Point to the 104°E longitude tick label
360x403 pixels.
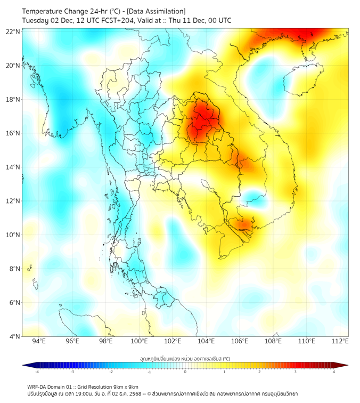tap(206, 341)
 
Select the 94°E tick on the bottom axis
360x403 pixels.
tap(39, 341)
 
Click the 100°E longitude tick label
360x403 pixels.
tap(139, 341)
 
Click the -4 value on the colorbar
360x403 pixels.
tap(36, 372)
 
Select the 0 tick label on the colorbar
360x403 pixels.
tap(185, 372)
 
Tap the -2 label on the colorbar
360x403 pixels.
tap(110, 372)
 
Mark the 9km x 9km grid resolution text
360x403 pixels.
tap(126, 386)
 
